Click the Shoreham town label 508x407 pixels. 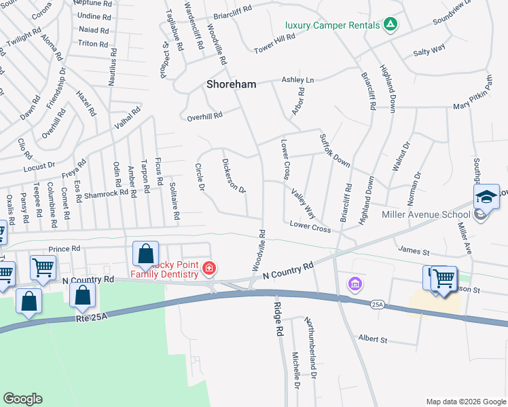(232, 84)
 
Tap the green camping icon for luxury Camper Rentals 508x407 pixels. (390, 25)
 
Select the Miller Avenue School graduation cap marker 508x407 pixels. (486, 197)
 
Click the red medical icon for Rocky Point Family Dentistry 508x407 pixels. (209, 269)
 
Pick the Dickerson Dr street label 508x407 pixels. (233, 175)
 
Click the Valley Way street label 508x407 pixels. (303, 200)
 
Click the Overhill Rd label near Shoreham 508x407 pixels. (205, 116)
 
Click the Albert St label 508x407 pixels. (372, 339)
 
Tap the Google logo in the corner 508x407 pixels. (22, 399)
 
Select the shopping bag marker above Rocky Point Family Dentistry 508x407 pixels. (146, 254)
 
